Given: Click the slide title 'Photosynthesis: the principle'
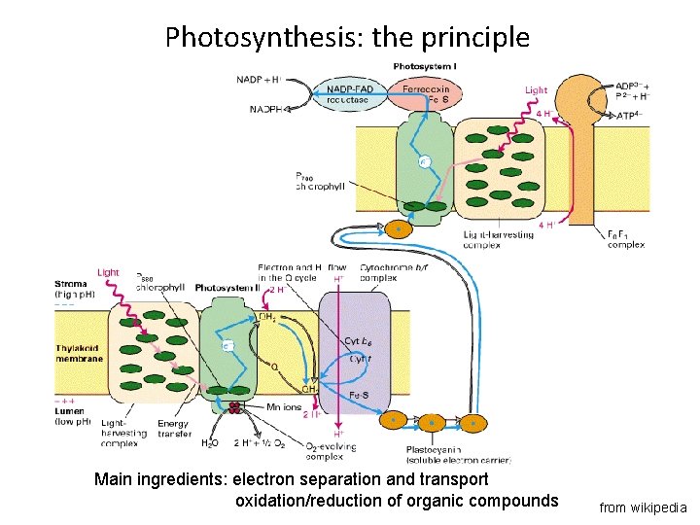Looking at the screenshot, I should (x=347, y=37).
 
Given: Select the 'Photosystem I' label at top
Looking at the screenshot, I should (x=425, y=66).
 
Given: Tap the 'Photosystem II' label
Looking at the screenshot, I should (x=227, y=288).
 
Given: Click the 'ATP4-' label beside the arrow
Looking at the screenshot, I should (x=637, y=116).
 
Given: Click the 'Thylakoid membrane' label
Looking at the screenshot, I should (x=79, y=352).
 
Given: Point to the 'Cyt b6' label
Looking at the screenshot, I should (x=358, y=340).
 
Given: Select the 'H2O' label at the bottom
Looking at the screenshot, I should (x=209, y=444).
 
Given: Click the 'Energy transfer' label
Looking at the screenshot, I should (x=172, y=429).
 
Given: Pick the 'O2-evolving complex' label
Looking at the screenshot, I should (x=330, y=451).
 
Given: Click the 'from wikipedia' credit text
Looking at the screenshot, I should (x=643, y=507).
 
